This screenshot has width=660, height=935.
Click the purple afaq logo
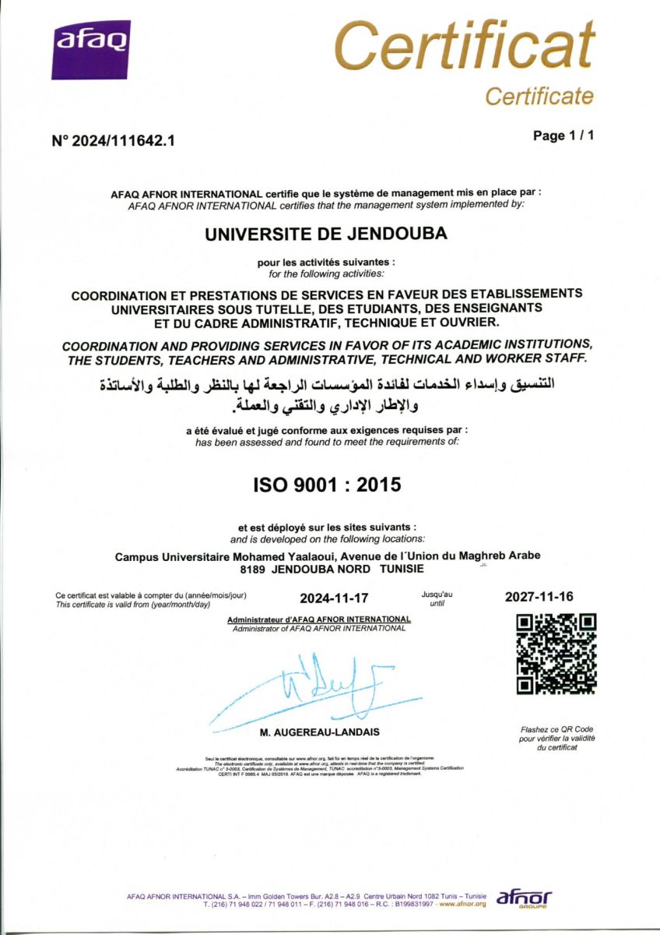pyautogui.click(x=91, y=50)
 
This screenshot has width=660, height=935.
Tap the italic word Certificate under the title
pyautogui.click(x=539, y=97)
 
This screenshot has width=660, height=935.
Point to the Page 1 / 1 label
pyautogui.click(x=563, y=136)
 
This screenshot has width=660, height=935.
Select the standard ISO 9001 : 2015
pyautogui.click(x=327, y=485)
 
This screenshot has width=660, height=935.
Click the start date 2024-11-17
pyautogui.click(x=334, y=598)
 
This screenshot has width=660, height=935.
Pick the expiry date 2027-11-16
pyautogui.click(x=539, y=597)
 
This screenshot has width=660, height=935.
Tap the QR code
pyautogui.click(x=556, y=654)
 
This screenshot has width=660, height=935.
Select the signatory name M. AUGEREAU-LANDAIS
pyautogui.click(x=320, y=733)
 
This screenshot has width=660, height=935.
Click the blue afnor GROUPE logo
pyautogui.click(x=524, y=898)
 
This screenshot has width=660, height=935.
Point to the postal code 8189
pyautogui.click(x=254, y=570)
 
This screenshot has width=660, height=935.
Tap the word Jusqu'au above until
pyautogui.click(x=437, y=595)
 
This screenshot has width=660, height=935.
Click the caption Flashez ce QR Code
pyautogui.click(x=556, y=729)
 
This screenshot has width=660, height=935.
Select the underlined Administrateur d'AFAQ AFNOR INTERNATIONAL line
pyautogui.click(x=318, y=619)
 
